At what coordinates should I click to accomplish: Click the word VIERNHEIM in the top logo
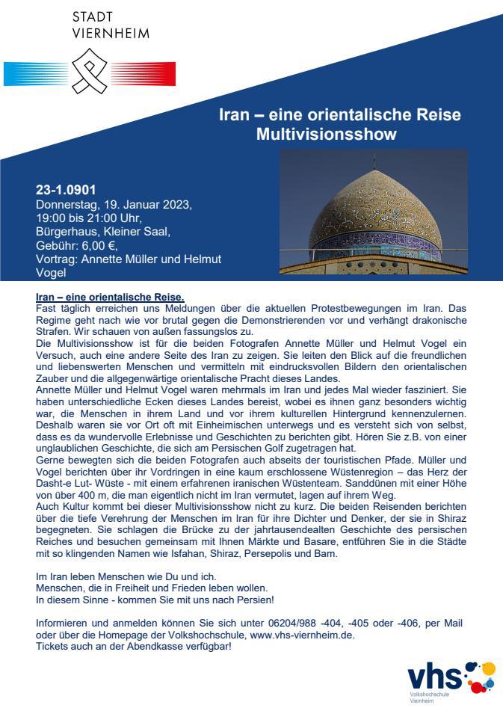pos(110,33)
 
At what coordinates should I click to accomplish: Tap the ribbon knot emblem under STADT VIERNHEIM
pos(90,72)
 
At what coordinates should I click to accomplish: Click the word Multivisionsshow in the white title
pos(339,135)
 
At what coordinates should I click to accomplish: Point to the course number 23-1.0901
pos(66,190)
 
